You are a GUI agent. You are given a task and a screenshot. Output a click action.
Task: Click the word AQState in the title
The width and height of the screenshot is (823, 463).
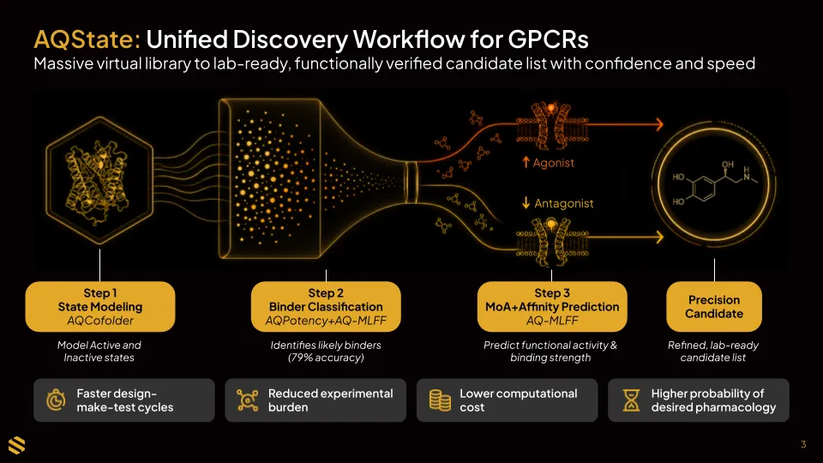click(87, 39)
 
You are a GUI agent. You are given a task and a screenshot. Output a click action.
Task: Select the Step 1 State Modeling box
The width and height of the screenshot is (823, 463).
click(100, 307)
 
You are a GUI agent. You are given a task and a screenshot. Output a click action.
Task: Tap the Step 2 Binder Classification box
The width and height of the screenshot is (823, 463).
click(326, 307)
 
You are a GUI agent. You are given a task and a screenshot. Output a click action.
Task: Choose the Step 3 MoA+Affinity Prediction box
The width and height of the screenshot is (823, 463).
click(552, 307)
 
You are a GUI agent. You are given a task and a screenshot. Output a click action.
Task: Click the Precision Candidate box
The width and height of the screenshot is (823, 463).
click(714, 307)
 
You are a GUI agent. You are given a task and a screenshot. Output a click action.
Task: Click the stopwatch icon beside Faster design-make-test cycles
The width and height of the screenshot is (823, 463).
click(56, 400)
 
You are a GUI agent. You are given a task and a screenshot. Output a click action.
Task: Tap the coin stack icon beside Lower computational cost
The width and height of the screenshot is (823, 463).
click(440, 400)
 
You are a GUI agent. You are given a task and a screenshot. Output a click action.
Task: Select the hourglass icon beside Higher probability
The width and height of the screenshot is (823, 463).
click(631, 400)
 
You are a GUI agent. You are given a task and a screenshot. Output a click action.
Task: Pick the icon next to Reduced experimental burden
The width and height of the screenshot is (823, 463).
click(247, 400)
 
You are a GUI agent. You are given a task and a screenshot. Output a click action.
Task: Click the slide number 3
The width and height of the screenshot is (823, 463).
click(803, 445)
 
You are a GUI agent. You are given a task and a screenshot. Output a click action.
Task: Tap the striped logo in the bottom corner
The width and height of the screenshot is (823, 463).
click(17, 445)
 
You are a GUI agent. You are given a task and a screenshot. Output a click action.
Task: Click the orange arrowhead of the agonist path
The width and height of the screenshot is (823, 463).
click(659, 124)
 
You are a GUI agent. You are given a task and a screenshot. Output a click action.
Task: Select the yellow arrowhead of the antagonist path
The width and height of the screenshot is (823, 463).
click(659, 238)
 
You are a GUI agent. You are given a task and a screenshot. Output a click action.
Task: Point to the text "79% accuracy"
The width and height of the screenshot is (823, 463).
click(326, 358)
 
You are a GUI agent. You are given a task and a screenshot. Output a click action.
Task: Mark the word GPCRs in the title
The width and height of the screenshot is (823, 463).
click(548, 39)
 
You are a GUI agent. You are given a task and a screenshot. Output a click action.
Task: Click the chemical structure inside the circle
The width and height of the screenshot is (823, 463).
click(714, 183)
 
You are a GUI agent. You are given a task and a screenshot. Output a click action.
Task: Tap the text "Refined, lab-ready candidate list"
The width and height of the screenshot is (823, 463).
click(712, 352)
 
